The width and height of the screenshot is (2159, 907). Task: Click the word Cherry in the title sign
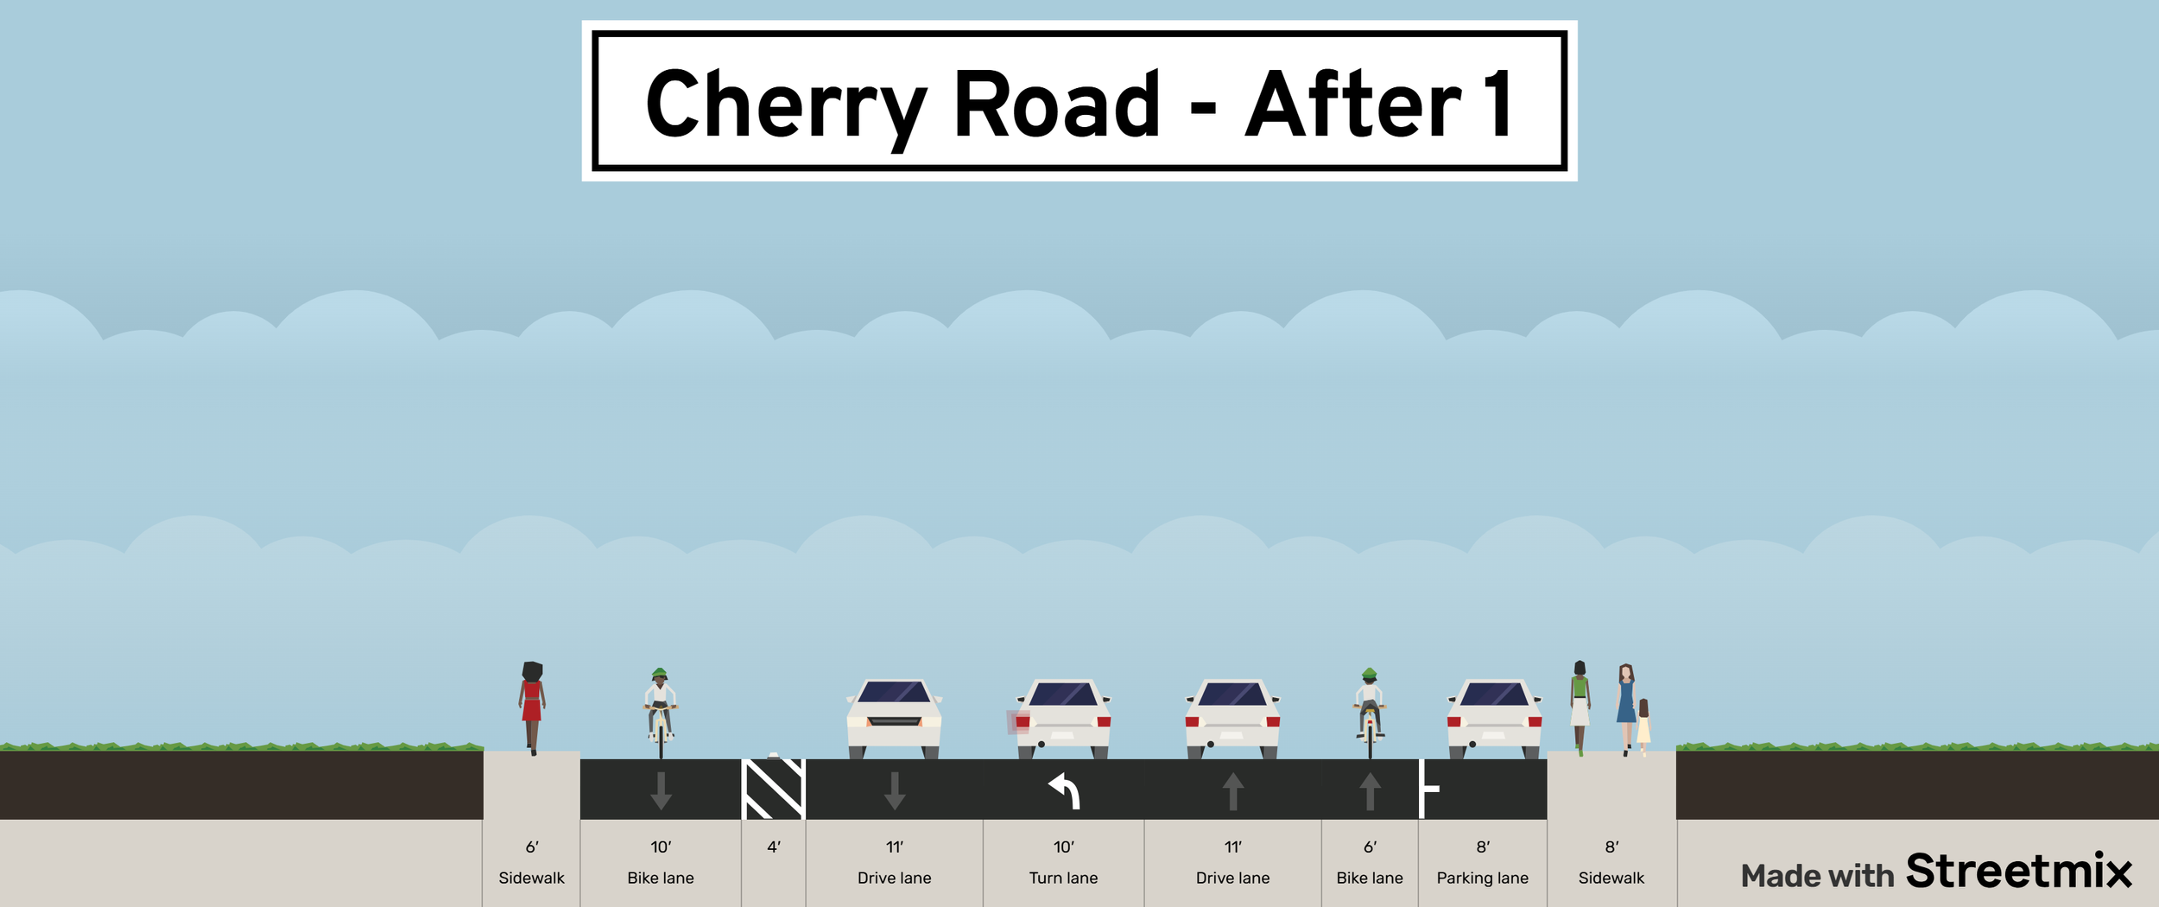[784, 105]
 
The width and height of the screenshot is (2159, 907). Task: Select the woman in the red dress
[532, 705]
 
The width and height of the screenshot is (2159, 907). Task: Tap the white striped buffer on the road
[774, 789]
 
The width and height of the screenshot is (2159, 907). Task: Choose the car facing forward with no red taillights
[894, 717]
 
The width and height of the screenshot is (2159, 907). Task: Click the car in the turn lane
[1063, 717]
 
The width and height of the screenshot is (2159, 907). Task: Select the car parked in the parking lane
[1494, 717]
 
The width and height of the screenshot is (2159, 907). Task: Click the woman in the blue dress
[1626, 704]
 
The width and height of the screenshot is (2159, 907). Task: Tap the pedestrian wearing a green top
[1580, 704]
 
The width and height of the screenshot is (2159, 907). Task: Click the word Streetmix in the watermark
[2018, 872]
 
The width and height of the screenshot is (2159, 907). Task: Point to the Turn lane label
[1063, 878]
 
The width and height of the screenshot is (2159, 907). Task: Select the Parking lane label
[1482, 878]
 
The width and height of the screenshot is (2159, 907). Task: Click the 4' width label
[774, 847]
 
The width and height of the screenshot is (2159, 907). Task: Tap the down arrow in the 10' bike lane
[661, 790]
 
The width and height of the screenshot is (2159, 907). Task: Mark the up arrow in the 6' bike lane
[1370, 790]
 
